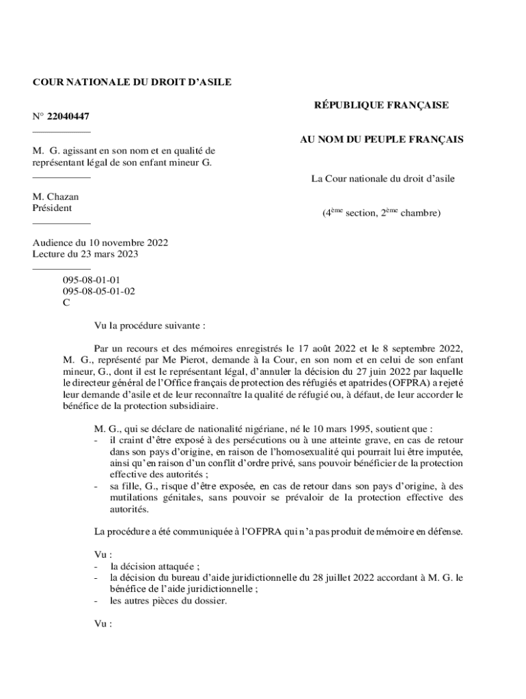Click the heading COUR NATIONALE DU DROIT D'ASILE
[x=132, y=83]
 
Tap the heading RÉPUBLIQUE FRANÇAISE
[x=381, y=105]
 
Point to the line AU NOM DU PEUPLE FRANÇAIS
[x=382, y=140]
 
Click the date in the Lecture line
[x=108, y=254]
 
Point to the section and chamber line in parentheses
[x=381, y=214]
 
